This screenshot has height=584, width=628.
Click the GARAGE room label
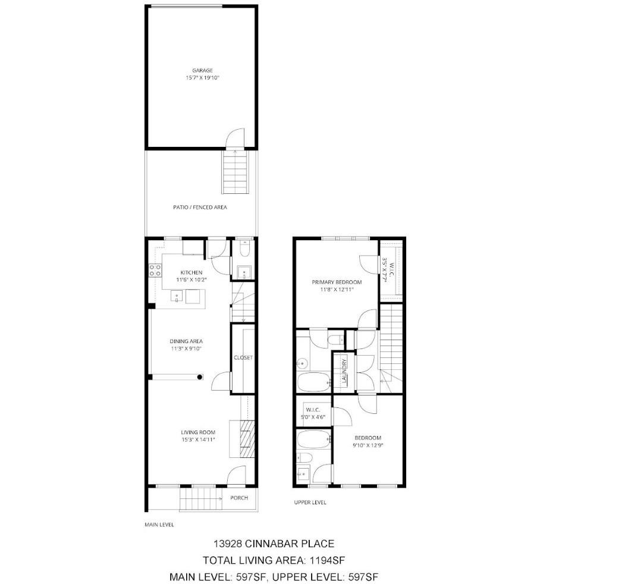(202, 71)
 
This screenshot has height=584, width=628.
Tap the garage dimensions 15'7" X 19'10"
(203, 78)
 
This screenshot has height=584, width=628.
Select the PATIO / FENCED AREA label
(200, 207)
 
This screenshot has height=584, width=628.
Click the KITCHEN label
(191, 272)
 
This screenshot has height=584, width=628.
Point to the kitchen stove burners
(155, 270)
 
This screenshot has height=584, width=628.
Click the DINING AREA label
(186, 341)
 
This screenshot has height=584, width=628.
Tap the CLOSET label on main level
(243, 357)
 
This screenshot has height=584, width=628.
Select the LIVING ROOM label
(198, 432)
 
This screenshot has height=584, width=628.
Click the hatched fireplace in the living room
(247, 439)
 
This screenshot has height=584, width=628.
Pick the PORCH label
(239, 498)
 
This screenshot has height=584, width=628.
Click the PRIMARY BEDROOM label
(337, 282)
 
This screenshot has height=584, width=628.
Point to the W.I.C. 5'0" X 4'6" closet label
(313, 413)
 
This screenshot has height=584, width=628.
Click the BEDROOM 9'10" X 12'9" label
(368, 441)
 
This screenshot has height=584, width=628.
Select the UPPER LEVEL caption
(310, 503)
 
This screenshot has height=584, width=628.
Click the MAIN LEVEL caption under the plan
(159, 525)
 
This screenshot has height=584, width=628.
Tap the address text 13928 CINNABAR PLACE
(274, 544)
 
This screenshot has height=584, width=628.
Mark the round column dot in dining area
(200, 377)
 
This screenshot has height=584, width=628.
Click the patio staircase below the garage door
(234, 171)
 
